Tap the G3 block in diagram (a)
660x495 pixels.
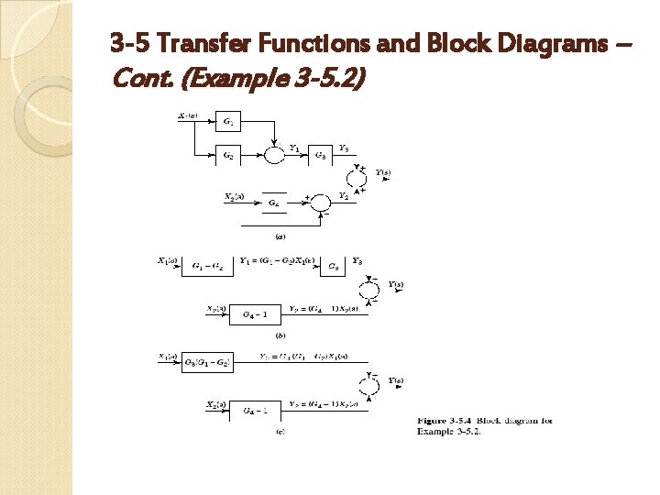tap(321, 157)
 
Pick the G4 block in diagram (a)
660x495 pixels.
tap(273, 203)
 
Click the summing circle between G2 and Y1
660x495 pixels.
tap(272, 156)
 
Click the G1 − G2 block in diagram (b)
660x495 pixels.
tap(206, 267)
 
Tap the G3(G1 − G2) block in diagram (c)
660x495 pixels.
tap(207, 362)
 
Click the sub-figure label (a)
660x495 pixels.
tap(279, 236)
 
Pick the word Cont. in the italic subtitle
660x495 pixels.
tap(142, 80)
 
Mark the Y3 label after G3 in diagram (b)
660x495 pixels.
tap(357, 261)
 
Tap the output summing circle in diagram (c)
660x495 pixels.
tap(369, 386)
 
